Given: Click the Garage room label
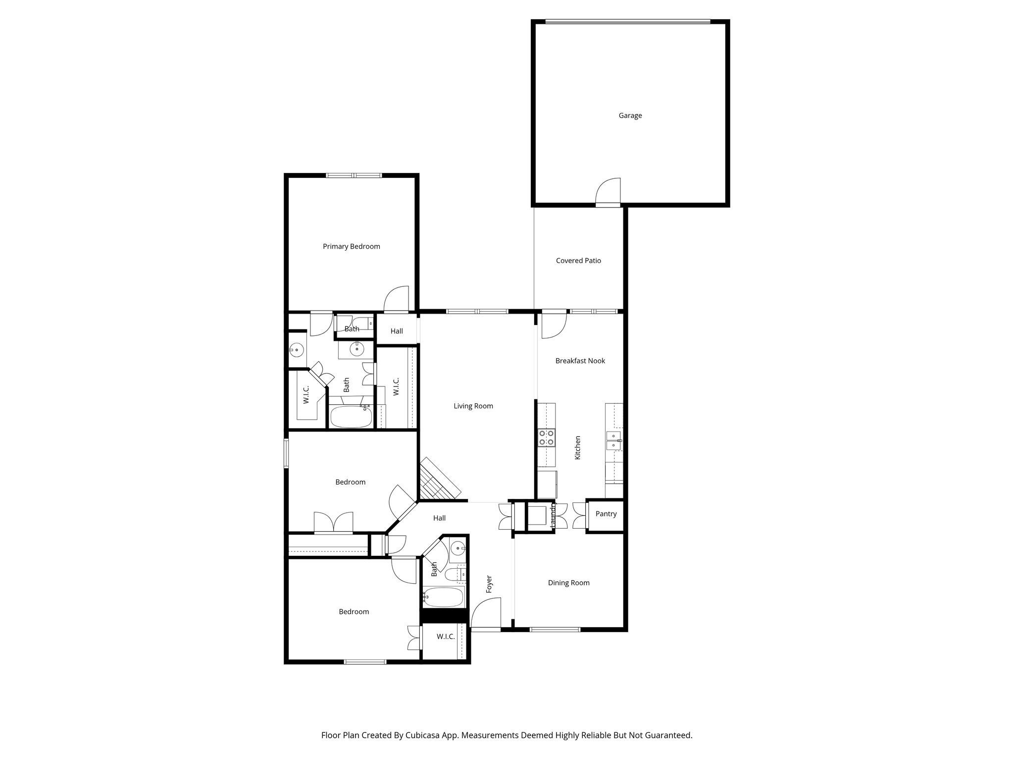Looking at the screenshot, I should click(x=630, y=115).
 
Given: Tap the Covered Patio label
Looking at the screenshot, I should click(x=578, y=261).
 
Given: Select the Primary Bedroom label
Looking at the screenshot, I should click(x=351, y=246).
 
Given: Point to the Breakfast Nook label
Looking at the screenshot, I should click(x=580, y=361).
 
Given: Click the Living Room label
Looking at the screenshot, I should click(x=473, y=406).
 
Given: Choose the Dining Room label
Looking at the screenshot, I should click(x=568, y=583).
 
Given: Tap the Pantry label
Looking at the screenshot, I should click(x=606, y=514).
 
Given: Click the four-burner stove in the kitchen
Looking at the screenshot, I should click(x=546, y=438).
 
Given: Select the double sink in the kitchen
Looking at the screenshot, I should click(x=613, y=440).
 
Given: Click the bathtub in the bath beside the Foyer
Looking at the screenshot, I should click(x=444, y=598).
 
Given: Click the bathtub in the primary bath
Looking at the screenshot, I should click(x=351, y=417).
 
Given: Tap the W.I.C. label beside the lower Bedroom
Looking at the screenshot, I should click(x=446, y=637).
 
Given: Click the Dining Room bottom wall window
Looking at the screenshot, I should click(x=555, y=630).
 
